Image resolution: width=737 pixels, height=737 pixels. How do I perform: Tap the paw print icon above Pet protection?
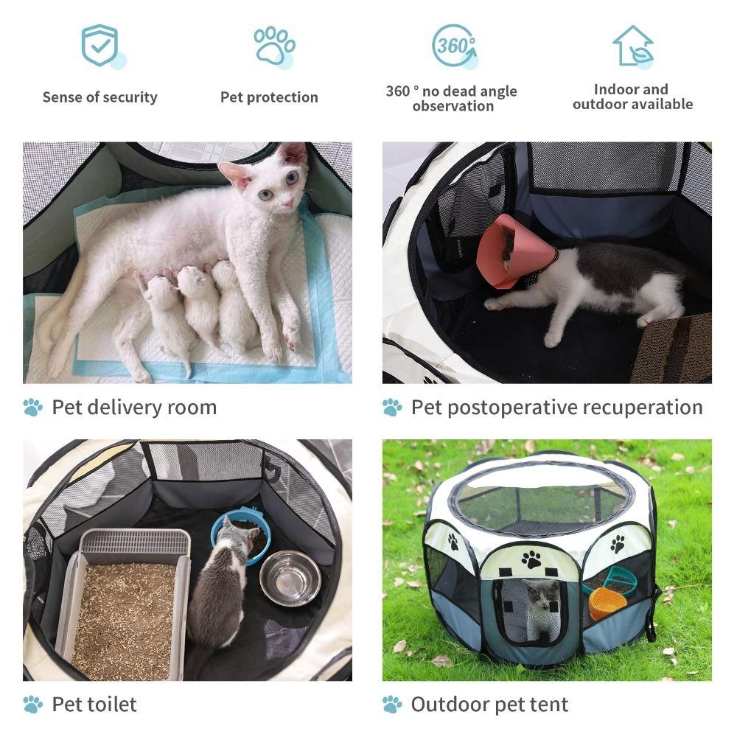tap(273, 46)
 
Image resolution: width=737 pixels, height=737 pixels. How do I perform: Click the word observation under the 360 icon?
tap(453, 106)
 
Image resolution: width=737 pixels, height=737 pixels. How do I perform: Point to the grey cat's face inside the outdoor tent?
tap(543, 596)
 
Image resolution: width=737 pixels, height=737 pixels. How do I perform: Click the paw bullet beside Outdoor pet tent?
tap(392, 704)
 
